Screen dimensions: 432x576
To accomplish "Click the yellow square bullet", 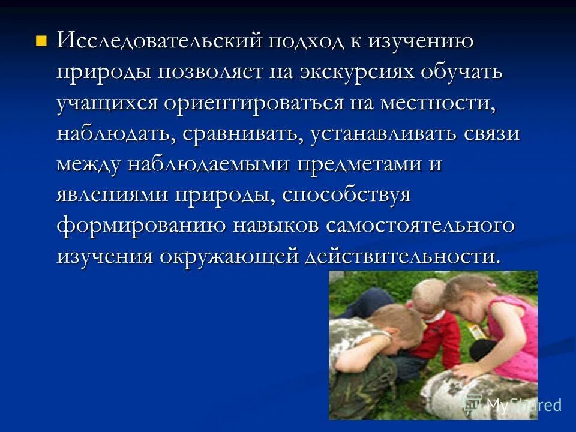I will coord(41,41).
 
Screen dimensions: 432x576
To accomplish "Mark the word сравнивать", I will coord(243,133).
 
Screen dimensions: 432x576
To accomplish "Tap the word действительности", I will coord(401,256).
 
